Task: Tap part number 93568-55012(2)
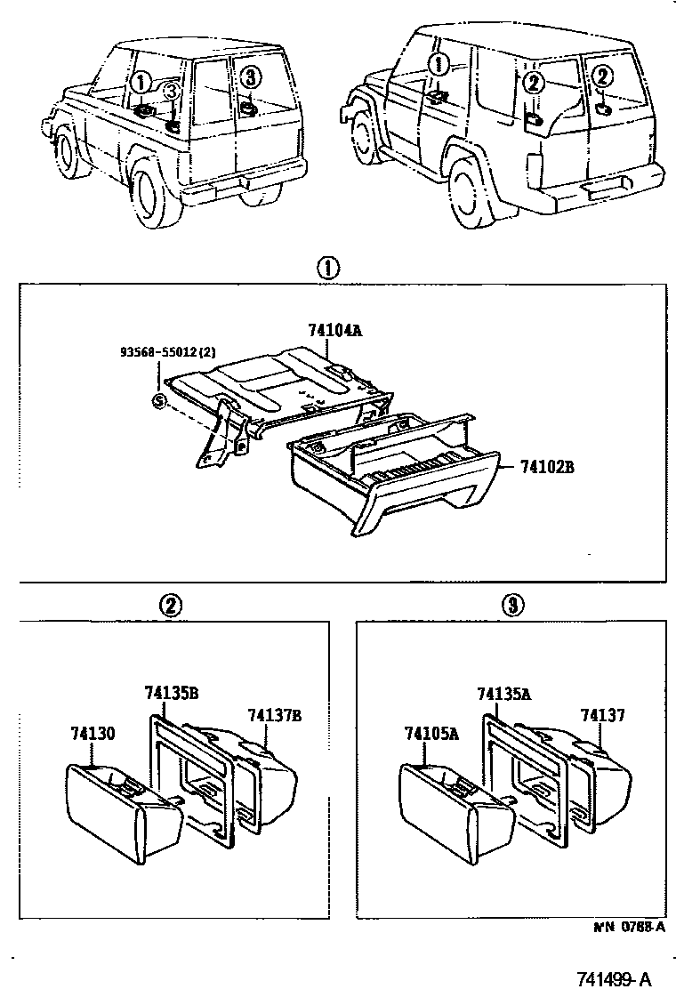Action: click(x=168, y=352)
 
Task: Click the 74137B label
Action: click(x=275, y=715)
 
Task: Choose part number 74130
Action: click(x=93, y=734)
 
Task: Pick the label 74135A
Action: click(x=504, y=694)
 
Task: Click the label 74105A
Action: click(x=430, y=734)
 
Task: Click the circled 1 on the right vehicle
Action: click(x=438, y=64)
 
